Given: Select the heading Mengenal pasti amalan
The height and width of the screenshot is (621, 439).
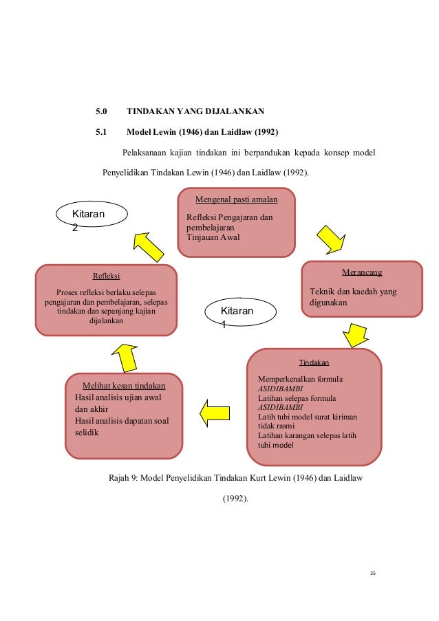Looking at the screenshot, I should (236, 199).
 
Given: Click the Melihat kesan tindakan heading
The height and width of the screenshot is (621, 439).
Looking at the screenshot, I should (124, 385).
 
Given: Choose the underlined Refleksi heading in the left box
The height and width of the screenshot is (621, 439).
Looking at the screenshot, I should (107, 276).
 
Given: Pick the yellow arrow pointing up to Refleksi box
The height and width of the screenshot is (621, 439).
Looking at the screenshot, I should (125, 356).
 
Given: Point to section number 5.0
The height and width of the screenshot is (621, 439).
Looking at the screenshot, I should (102, 111).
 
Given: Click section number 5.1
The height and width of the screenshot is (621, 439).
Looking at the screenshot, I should (102, 131).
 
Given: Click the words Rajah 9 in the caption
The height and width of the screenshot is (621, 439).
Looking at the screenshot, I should (125, 477).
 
